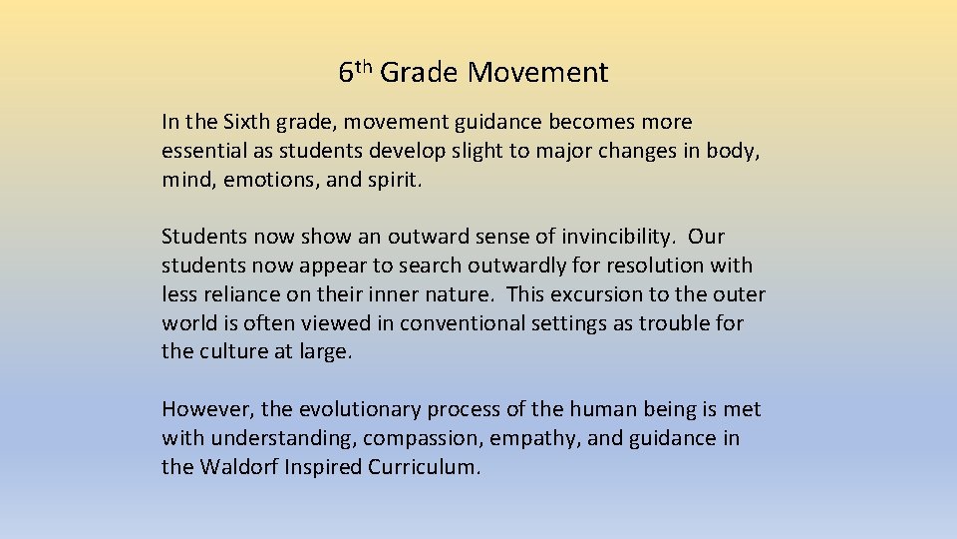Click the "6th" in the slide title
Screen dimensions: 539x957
tap(355, 72)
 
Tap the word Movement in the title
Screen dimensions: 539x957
tap(537, 73)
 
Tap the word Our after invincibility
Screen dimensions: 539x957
tap(707, 237)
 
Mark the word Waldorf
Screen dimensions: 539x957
tap(236, 467)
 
